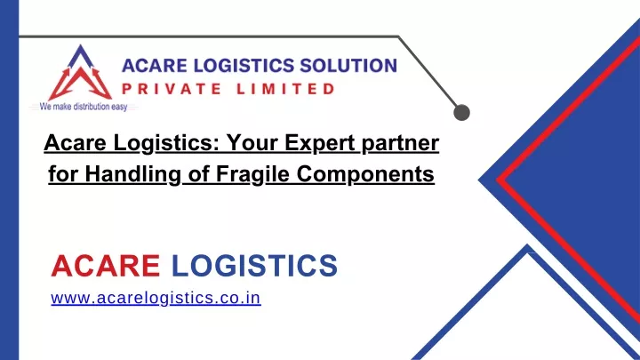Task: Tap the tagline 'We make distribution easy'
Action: [84, 107]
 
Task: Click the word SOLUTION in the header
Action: [348, 65]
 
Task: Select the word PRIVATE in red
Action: [172, 89]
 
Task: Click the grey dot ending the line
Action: [461, 113]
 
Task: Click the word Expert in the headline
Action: [320, 144]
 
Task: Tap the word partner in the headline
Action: [400, 145]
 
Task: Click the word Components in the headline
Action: [365, 175]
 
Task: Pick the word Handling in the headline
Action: [133, 175]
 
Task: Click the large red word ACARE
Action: [105, 266]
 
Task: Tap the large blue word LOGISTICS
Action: [254, 266]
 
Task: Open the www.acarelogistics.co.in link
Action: [156, 298]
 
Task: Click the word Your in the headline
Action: [252, 143]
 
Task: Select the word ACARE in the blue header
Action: [155, 65]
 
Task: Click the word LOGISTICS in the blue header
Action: [244, 65]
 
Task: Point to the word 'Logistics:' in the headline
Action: [166, 144]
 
